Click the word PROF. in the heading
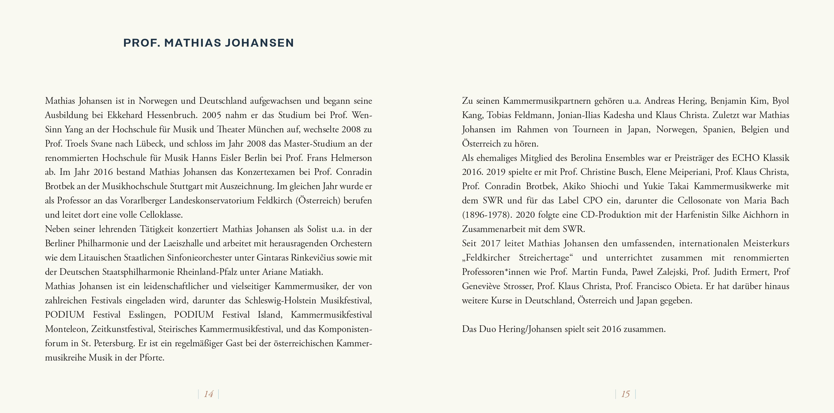click(x=142, y=43)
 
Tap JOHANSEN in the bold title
click(x=259, y=43)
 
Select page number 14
click(x=208, y=394)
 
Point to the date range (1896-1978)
click(x=487, y=215)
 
